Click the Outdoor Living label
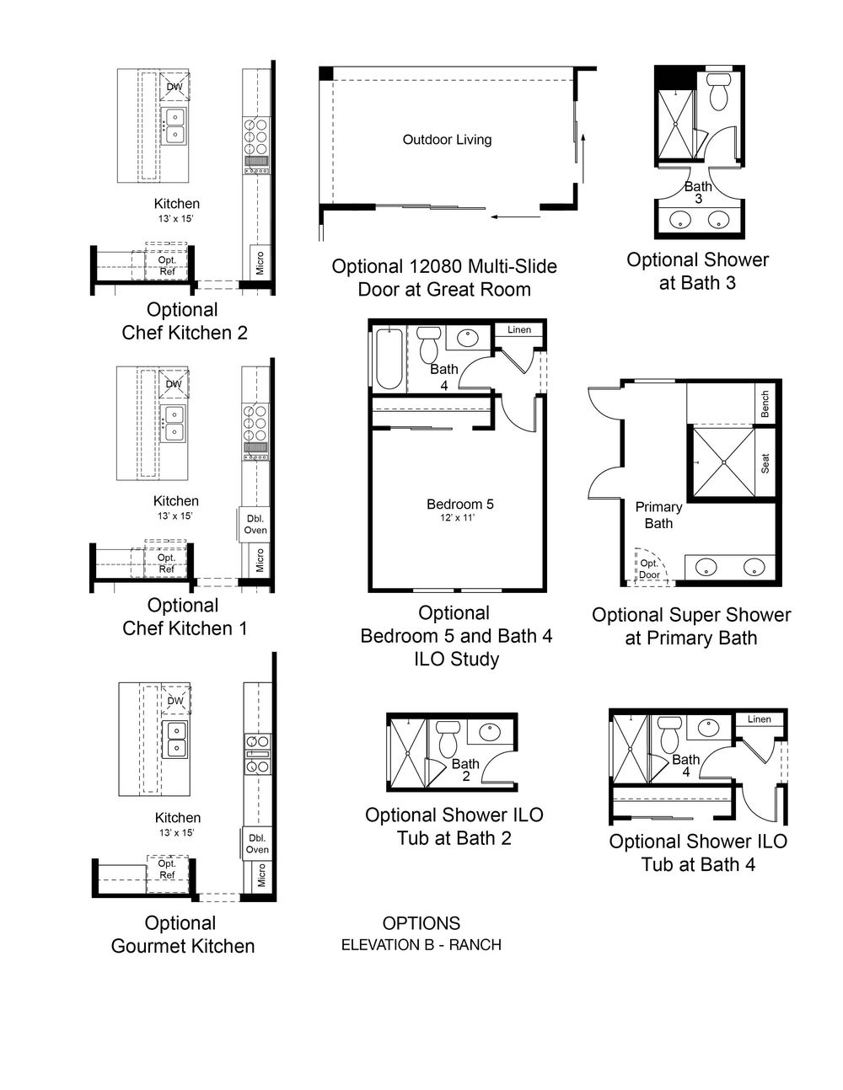pyautogui.click(x=447, y=140)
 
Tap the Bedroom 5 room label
pyautogui.click(x=460, y=504)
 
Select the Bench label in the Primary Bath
pyautogui.click(x=765, y=404)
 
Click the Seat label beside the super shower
pyautogui.click(x=765, y=463)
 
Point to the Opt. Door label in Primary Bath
pyautogui.click(x=649, y=569)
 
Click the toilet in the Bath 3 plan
pyautogui.click(x=719, y=91)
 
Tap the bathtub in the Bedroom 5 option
pyautogui.click(x=389, y=359)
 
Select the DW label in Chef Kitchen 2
pyautogui.click(x=175, y=87)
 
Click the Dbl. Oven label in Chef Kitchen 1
pyautogui.click(x=255, y=524)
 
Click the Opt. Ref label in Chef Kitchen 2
pyautogui.click(x=167, y=266)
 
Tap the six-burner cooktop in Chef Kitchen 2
pyautogui.click(x=256, y=136)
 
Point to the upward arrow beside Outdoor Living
pyautogui.click(x=583, y=158)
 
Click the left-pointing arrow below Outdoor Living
pyautogui.click(x=515, y=216)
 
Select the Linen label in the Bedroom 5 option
pyautogui.click(x=518, y=329)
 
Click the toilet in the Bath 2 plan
pyautogui.click(x=446, y=740)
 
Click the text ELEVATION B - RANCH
pyautogui.click(x=421, y=945)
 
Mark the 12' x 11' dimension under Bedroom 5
pyautogui.click(x=458, y=518)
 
